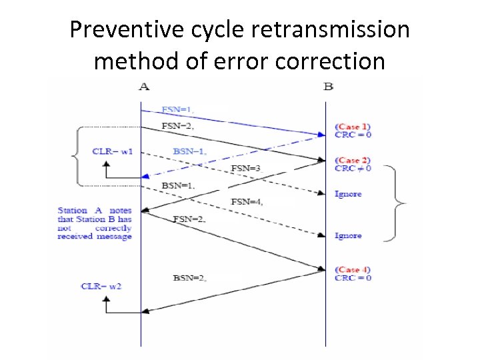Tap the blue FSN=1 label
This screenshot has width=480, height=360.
[x=177, y=109]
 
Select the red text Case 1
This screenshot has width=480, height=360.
[x=353, y=126]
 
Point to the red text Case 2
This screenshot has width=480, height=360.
[x=353, y=160]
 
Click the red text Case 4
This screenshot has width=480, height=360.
[x=353, y=269]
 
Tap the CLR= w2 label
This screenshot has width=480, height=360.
[x=101, y=286]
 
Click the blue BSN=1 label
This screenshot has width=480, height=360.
[x=189, y=151]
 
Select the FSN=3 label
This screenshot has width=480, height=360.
[x=245, y=168]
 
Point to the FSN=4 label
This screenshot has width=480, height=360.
[x=246, y=201]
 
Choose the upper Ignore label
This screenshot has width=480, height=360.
[x=348, y=194]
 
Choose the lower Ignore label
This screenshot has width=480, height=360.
[x=348, y=235]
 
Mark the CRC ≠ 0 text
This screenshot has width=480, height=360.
[x=353, y=169]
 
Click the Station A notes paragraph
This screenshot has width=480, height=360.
[x=95, y=223]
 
